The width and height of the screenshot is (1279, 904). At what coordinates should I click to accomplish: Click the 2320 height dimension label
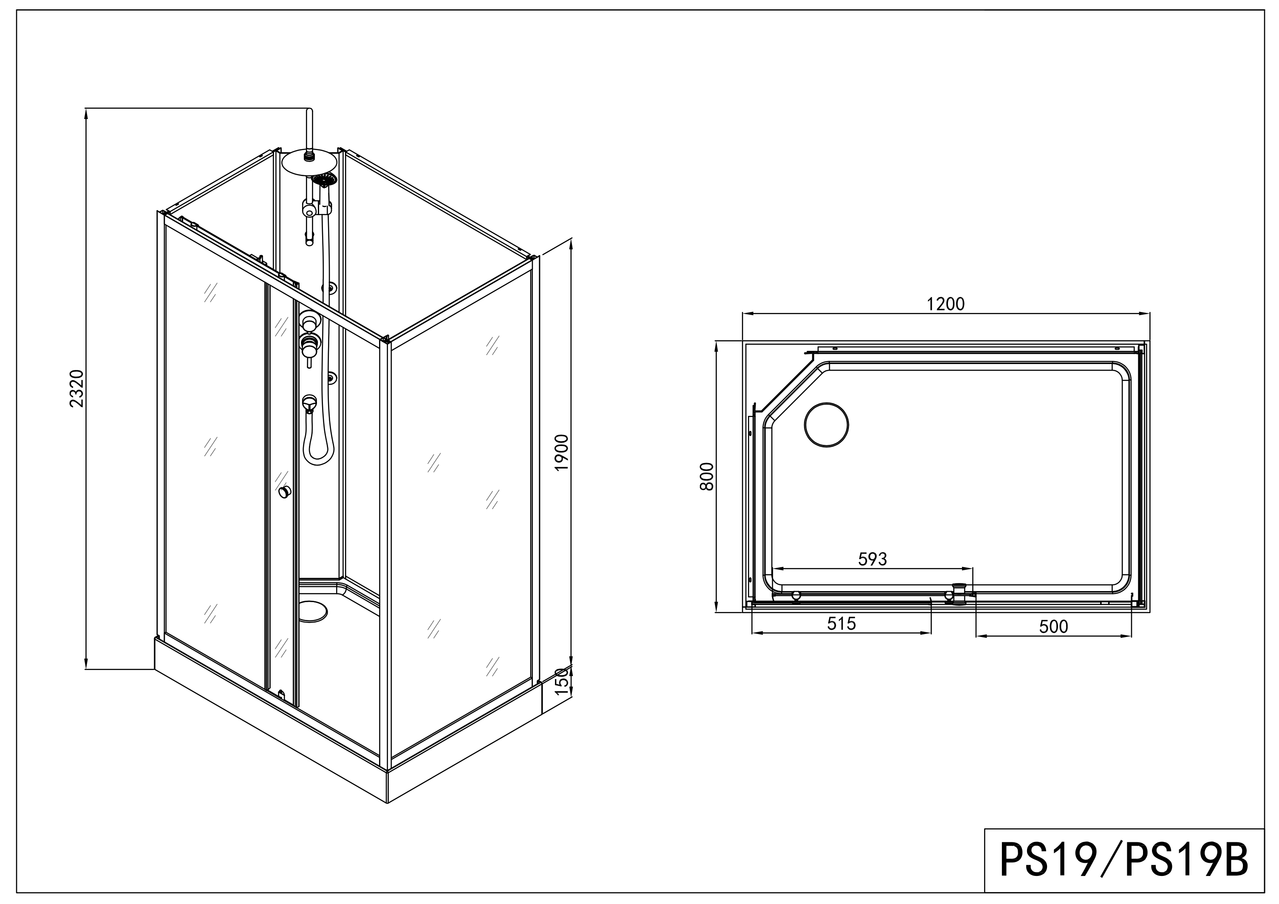[x=76, y=389]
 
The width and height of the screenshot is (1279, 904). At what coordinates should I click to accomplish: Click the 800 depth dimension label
[x=706, y=477]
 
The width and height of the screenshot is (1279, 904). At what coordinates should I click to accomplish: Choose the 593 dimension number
[x=872, y=559]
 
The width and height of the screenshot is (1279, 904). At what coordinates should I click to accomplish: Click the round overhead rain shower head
[x=310, y=162]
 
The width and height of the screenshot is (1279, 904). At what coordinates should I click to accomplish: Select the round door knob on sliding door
[x=285, y=492]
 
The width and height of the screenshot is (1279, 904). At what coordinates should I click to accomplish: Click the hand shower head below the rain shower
[x=325, y=179]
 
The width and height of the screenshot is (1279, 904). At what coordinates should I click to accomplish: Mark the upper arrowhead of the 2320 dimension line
[x=86, y=113]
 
